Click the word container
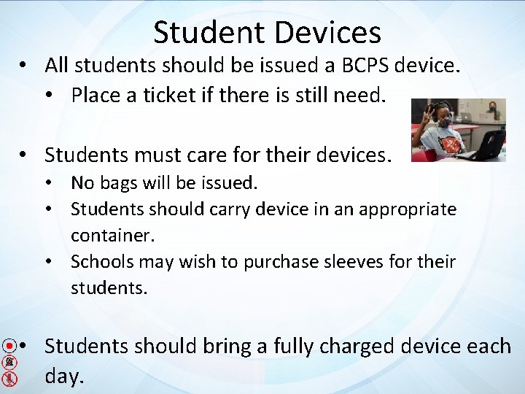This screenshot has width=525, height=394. (108, 236)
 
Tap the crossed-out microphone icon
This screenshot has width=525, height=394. (9, 379)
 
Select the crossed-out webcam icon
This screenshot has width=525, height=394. (9, 363)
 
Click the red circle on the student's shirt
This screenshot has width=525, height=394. (450, 144)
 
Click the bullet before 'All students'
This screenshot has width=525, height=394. (25, 66)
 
